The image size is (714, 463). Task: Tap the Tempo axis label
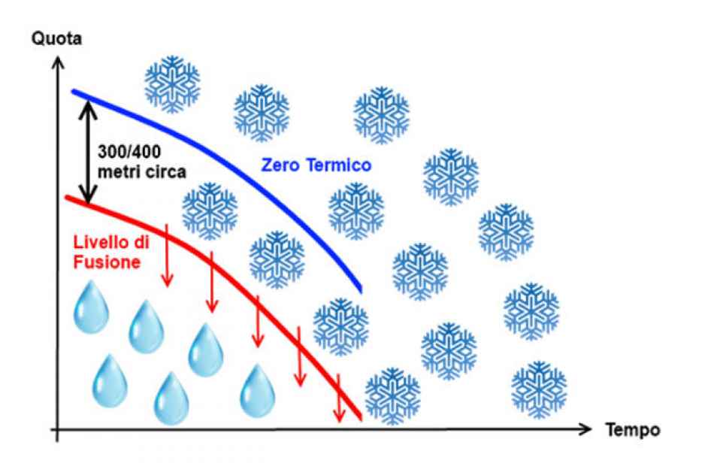(x=633, y=430)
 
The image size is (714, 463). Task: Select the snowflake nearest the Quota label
(x=172, y=83)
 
